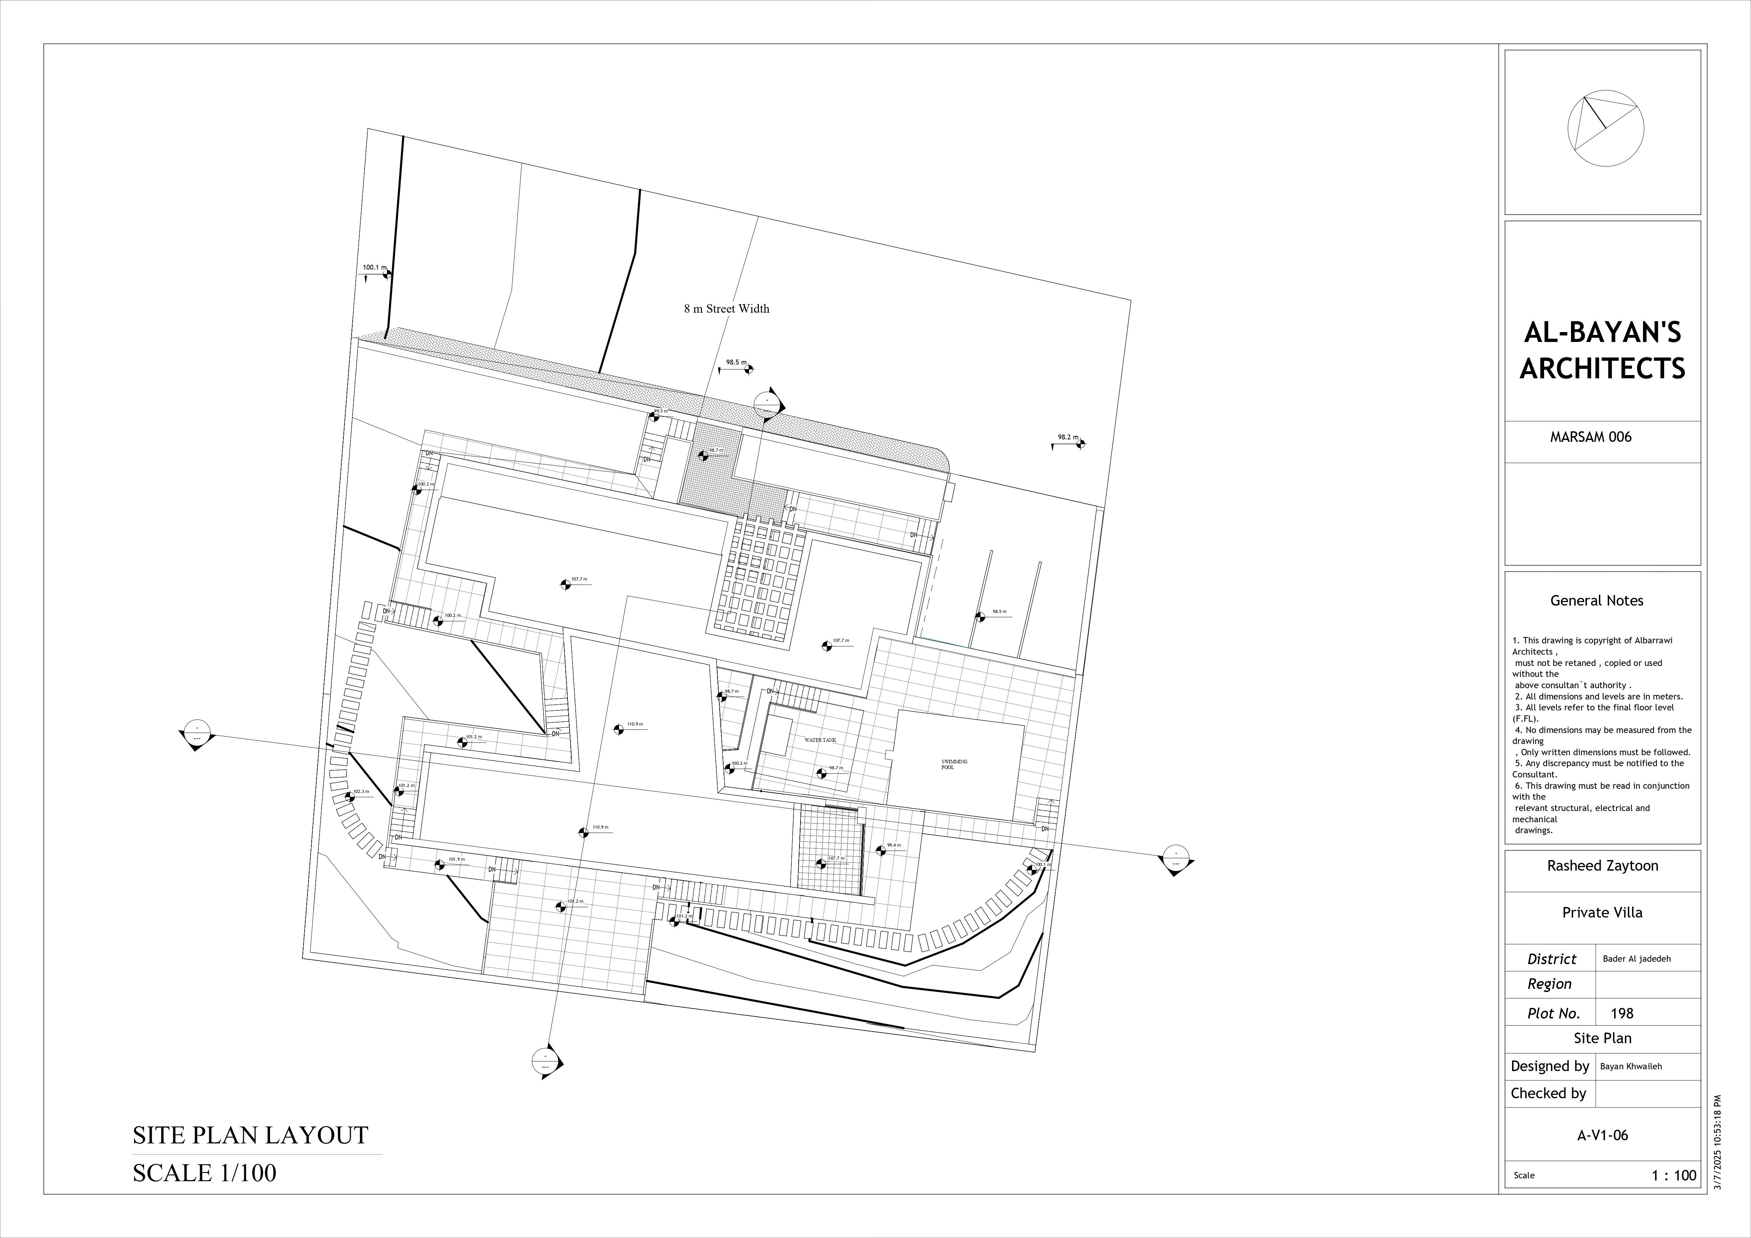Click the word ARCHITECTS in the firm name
pos(1602,368)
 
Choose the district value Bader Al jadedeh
pos(1637,959)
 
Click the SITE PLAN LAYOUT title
pos(250,1135)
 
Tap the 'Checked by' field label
pos(1548,1093)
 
